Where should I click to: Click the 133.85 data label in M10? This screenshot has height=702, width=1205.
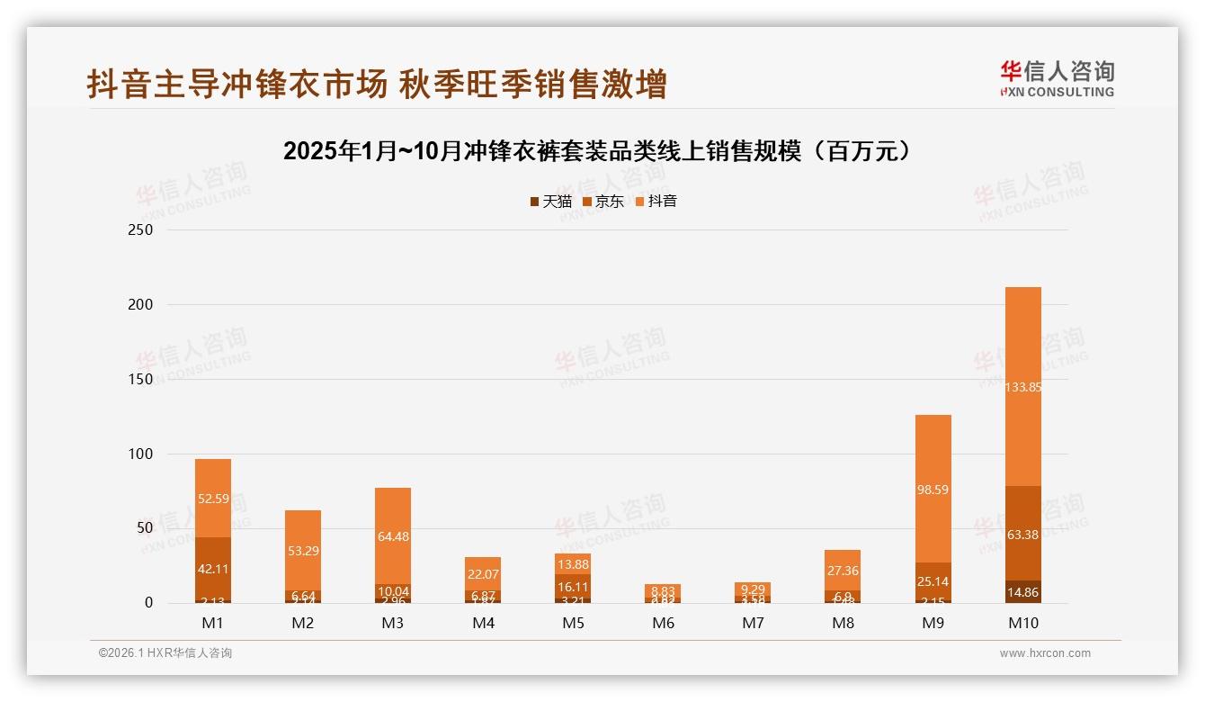click(1022, 387)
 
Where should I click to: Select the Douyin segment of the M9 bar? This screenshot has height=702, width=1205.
click(933, 490)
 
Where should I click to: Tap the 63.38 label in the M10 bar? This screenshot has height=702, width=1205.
click(1022, 535)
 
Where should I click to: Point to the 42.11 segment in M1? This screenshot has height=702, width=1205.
click(213, 569)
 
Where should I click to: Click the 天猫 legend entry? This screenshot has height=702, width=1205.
click(550, 202)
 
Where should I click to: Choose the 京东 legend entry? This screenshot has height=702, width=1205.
click(603, 202)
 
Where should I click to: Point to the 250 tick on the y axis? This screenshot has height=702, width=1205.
click(142, 230)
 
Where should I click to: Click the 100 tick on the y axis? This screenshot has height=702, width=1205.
click(142, 454)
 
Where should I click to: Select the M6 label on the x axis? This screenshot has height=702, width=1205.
click(663, 623)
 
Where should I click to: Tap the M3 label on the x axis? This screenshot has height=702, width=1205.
click(393, 623)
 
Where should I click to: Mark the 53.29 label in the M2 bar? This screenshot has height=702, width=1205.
click(303, 551)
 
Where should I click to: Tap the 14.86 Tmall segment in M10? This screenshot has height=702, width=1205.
click(1022, 592)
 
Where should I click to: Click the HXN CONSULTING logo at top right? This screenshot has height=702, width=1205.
click(1057, 78)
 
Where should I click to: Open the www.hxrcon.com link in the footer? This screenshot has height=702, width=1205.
click(1045, 653)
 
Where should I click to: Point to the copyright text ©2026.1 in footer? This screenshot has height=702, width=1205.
click(165, 653)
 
